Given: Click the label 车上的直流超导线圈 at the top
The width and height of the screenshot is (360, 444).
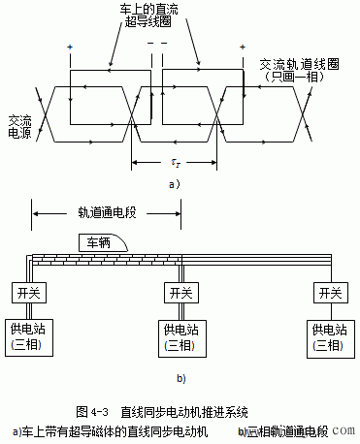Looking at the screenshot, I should coord(155,16).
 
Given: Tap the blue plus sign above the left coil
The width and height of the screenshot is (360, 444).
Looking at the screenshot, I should coord(69,47).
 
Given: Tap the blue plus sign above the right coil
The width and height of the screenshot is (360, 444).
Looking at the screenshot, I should coord(239,47).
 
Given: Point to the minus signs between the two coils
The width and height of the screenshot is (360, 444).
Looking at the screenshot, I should coord(154,47).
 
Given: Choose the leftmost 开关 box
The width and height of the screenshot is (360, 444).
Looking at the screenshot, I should coord(27,292).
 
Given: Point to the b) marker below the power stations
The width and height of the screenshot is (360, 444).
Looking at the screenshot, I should coord(180,376).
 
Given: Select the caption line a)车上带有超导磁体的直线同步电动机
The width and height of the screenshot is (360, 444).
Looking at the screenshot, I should coord(109,430).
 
